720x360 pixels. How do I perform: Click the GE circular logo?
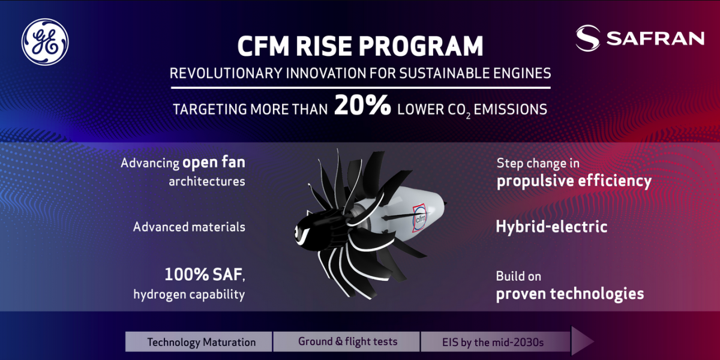tap(45, 42)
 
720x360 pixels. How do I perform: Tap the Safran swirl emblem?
tap(588, 38)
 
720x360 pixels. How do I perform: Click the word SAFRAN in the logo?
tap(655, 38)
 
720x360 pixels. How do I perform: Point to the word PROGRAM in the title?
tap(421, 46)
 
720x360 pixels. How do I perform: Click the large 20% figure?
tap(362, 105)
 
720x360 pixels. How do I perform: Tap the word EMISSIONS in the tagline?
tap(511, 109)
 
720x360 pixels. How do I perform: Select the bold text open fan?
tap(214, 163)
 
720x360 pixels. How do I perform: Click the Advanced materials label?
tap(189, 227)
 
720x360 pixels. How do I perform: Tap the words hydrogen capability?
tap(189, 295)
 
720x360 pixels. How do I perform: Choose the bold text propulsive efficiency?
tap(574, 181)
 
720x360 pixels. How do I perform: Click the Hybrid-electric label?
tap(551, 227)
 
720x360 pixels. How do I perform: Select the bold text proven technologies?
tap(570, 294)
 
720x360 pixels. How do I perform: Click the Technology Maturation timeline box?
tap(199, 341)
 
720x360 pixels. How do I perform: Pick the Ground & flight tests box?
tap(347, 341)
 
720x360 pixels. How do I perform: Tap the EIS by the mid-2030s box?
tap(495, 341)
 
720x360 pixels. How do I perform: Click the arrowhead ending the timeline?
tap(581, 341)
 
